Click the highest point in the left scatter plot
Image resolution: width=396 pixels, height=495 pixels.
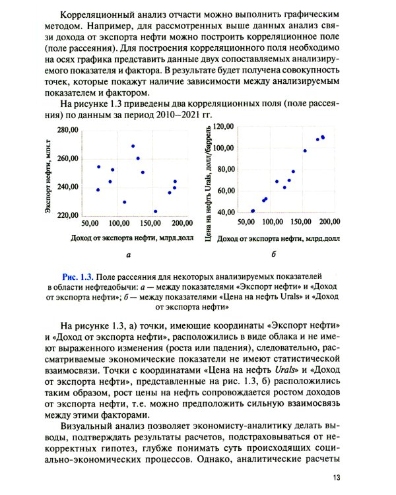point(133,146)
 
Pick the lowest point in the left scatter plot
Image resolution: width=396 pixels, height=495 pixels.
point(155,211)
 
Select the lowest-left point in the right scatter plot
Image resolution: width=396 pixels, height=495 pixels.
point(253,211)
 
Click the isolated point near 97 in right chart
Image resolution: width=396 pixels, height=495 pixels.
point(304,150)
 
